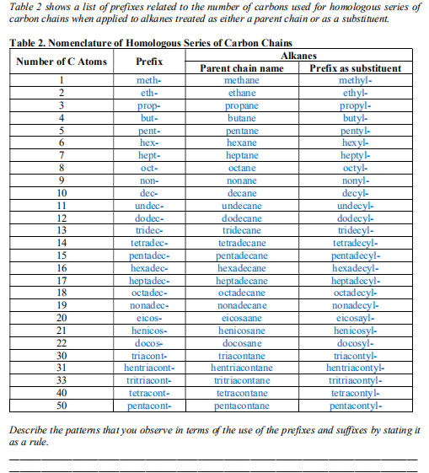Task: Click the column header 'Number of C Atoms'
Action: (x=62, y=62)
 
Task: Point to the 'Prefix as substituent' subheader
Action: (x=355, y=68)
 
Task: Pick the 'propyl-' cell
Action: (x=355, y=106)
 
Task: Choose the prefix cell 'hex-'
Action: (x=149, y=143)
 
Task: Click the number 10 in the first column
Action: (x=62, y=193)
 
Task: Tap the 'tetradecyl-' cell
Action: (x=355, y=243)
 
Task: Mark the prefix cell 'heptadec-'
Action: (x=149, y=281)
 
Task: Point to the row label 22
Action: (x=62, y=343)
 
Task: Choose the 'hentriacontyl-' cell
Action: (x=355, y=368)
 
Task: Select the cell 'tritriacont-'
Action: (x=149, y=380)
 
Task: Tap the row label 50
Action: (x=62, y=406)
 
